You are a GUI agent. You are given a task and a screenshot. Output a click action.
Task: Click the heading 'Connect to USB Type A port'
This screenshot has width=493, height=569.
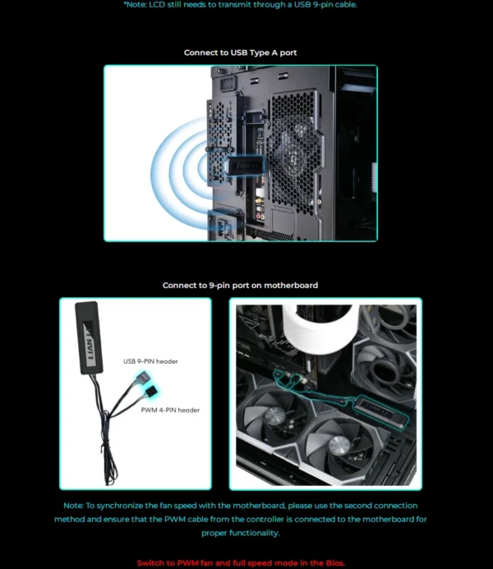[x=240, y=53]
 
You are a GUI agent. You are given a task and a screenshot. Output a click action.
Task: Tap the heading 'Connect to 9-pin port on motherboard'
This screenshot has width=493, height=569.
[x=240, y=285]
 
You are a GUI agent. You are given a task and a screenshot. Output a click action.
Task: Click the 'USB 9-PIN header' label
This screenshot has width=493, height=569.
[x=150, y=360]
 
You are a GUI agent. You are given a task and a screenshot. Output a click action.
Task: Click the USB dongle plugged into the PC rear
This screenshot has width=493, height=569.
[x=246, y=165]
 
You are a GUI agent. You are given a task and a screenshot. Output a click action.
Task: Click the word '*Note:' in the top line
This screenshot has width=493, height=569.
[x=137, y=4]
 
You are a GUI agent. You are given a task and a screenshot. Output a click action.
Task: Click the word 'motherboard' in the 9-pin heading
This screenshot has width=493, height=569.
[x=293, y=285]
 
